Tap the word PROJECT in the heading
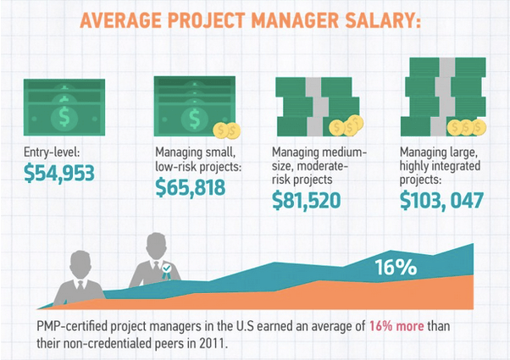(x=206, y=20)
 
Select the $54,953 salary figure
(x=59, y=173)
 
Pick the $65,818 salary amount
(x=191, y=187)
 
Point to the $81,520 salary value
(x=307, y=200)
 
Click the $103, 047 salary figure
(x=441, y=200)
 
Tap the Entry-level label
(x=52, y=152)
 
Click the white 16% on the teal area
(x=396, y=268)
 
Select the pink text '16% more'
(x=396, y=326)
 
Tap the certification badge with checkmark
(x=167, y=271)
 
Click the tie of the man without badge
(x=80, y=285)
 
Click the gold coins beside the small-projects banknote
(x=227, y=130)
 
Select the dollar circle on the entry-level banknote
(x=64, y=117)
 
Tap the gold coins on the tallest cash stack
(x=467, y=127)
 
